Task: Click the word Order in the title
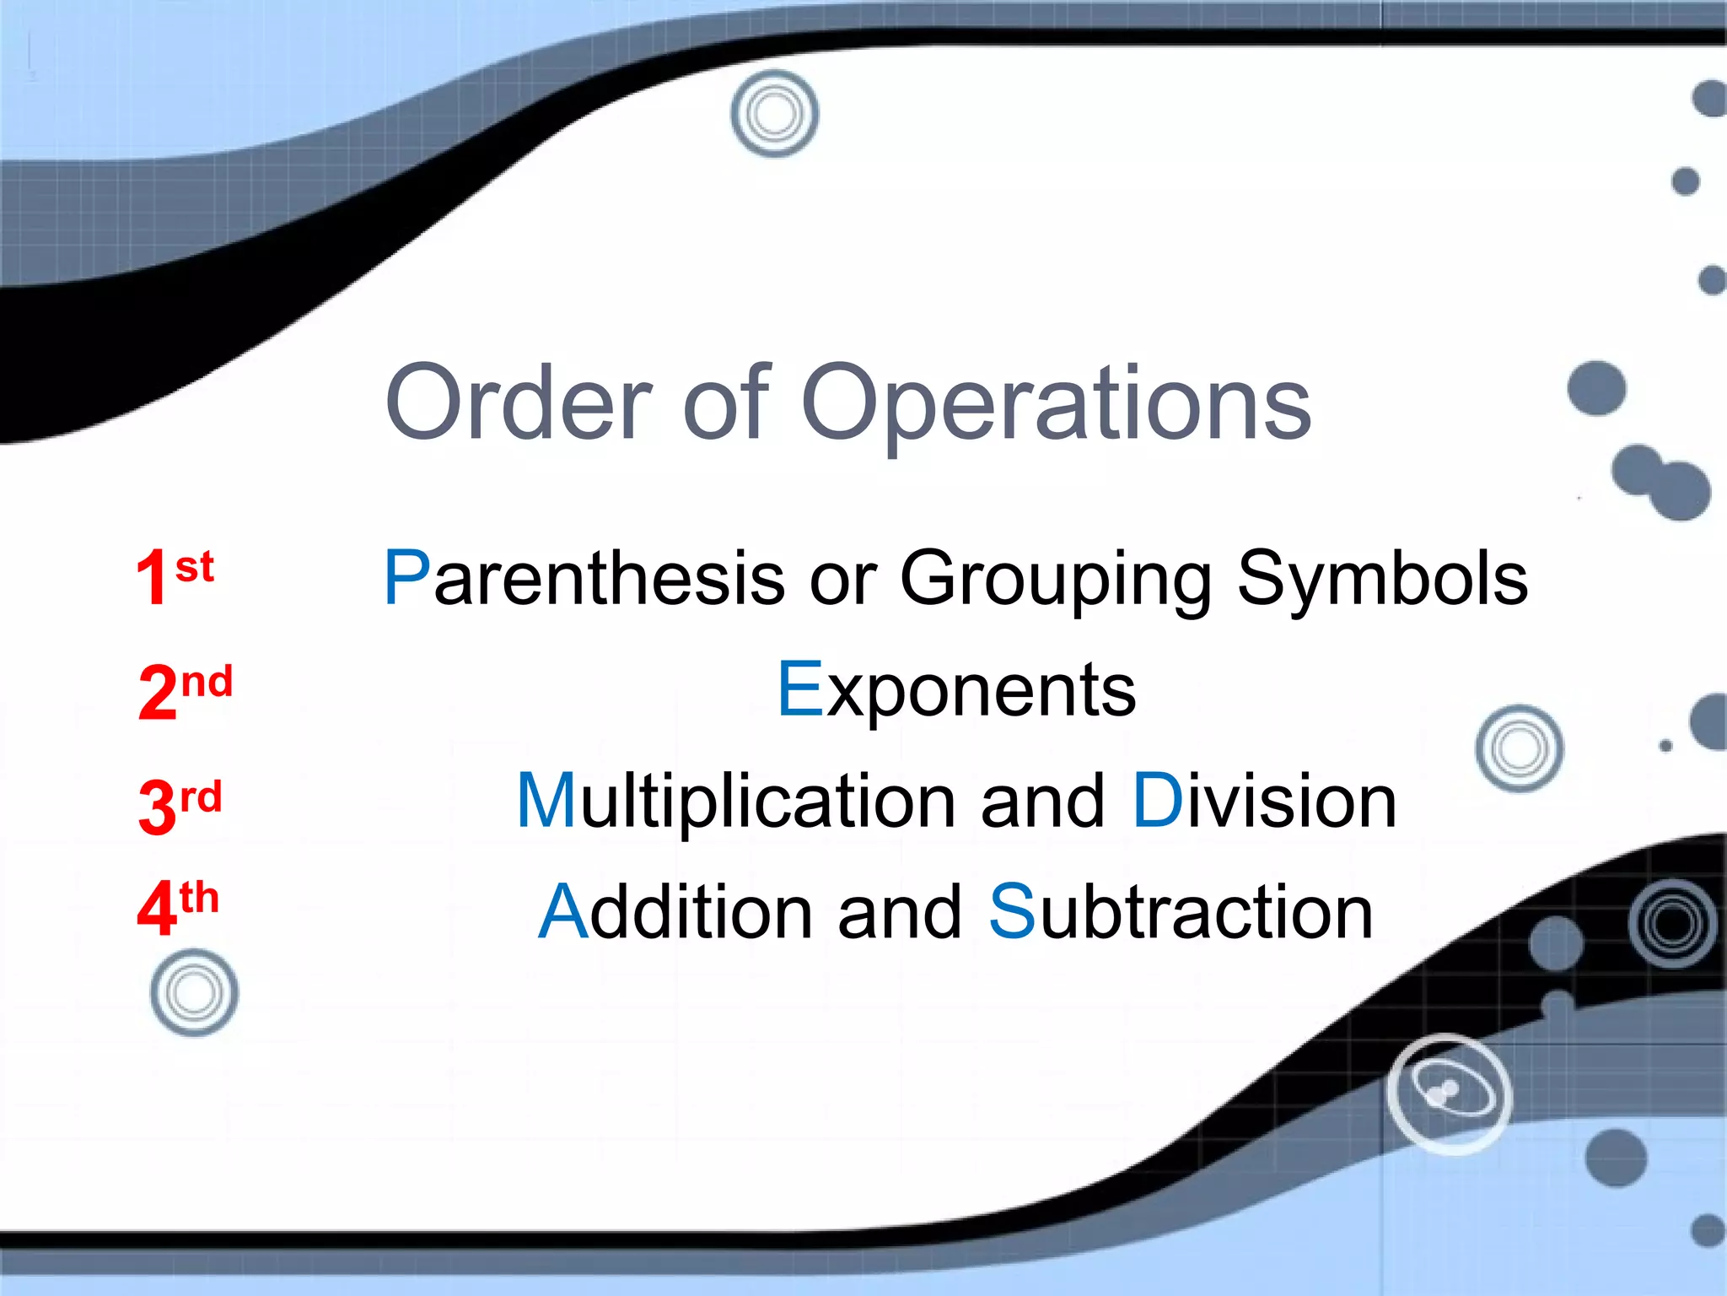(x=518, y=403)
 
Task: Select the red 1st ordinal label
(x=175, y=576)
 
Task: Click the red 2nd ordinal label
(x=185, y=690)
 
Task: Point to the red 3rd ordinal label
(x=180, y=806)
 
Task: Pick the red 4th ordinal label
(x=178, y=907)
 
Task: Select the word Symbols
(x=1382, y=579)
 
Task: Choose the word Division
(x=1264, y=802)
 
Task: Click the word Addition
(x=675, y=912)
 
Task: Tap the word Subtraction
(x=1181, y=912)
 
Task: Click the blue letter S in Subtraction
(x=1011, y=912)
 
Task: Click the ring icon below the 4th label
(x=194, y=993)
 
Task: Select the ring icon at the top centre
(x=774, y=113)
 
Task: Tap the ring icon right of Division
(x=1519, y=748)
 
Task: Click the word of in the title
(x=725, y=403)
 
